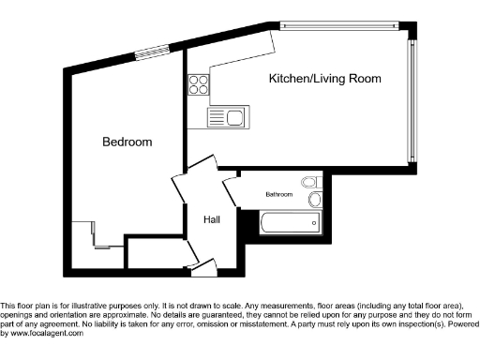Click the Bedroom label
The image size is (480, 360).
[127, 142]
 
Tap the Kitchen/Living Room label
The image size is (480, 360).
[324, 79]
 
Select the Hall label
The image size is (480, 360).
[212, 219]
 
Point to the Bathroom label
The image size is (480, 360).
[278, 195]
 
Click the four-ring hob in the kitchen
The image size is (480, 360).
[199, 84]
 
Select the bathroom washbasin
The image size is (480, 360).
[314, 200]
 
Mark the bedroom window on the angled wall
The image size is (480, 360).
[147, 53]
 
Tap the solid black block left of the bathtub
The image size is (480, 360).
[247, 224]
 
